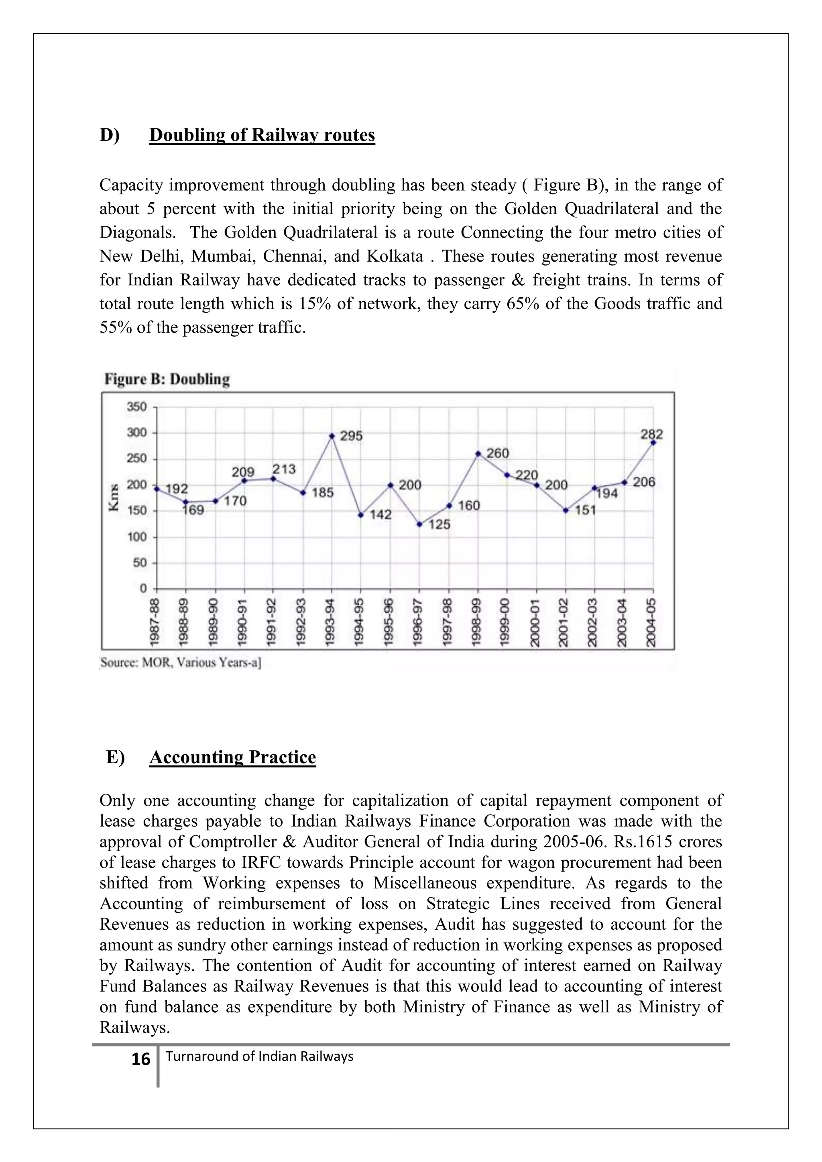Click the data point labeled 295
tap(332, 436)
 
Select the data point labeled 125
tap(419, 524)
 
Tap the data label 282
tap(651, 434)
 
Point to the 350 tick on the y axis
tap(136, 407)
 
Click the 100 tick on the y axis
tap(136, 537)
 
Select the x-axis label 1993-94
tap(332, 622)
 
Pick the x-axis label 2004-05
tap(652, 622)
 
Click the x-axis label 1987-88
tap(155, 622)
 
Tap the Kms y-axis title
tap(114, 497)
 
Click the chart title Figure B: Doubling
tap(167, 379)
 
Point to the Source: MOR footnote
tap(180, 662)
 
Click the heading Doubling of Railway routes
tap(262, 135)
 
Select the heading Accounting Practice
tap(232, 757)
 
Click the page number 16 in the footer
tap(141, 1059)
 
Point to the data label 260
tap(498, 453)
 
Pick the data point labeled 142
tap(361, 515)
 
